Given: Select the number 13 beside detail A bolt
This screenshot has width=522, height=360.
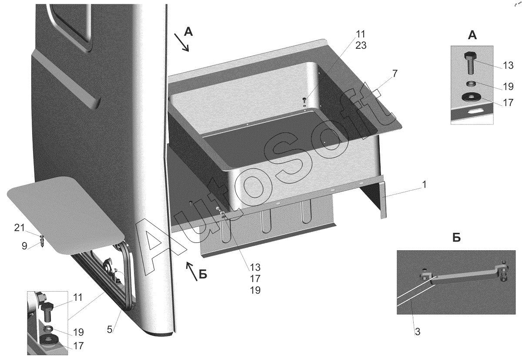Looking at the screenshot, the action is coord(508,65).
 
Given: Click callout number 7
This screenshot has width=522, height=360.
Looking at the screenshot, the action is coord(394,73).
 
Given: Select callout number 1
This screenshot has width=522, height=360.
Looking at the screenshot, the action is coord(424,185).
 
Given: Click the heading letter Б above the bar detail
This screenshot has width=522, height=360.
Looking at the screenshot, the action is coord(456,238).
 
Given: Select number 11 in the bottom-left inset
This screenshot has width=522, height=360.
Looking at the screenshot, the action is coord(77,298).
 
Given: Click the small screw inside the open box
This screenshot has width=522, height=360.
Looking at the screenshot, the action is coord(304,101).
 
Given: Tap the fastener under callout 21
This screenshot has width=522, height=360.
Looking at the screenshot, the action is coord(42,240).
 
